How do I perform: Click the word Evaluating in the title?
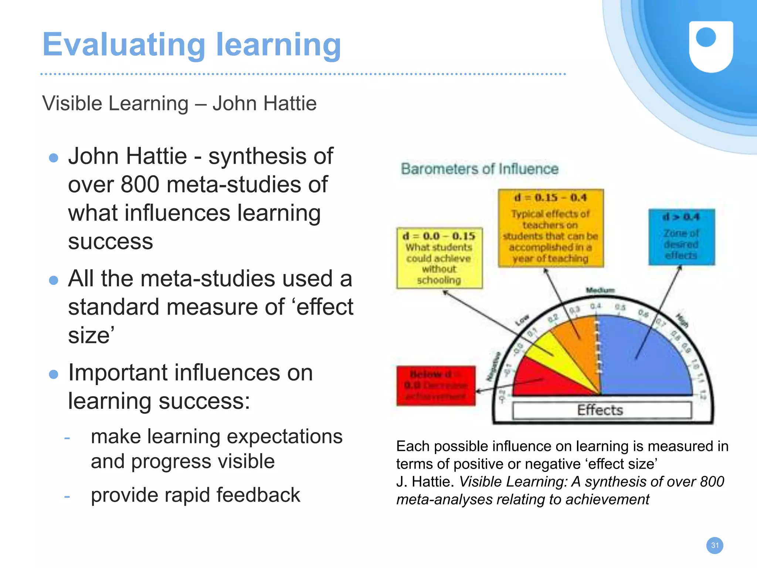123,45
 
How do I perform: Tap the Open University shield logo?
711,46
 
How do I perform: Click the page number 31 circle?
714,545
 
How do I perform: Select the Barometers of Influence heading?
479,169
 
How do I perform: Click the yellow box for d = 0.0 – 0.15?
439,258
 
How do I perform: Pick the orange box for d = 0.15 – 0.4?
550,228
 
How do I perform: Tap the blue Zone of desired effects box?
681,237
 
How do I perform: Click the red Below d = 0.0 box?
436,386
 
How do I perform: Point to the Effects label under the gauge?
600,410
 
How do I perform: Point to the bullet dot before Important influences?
54,374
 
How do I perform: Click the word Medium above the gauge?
600,290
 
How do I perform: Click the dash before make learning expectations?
67,438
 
